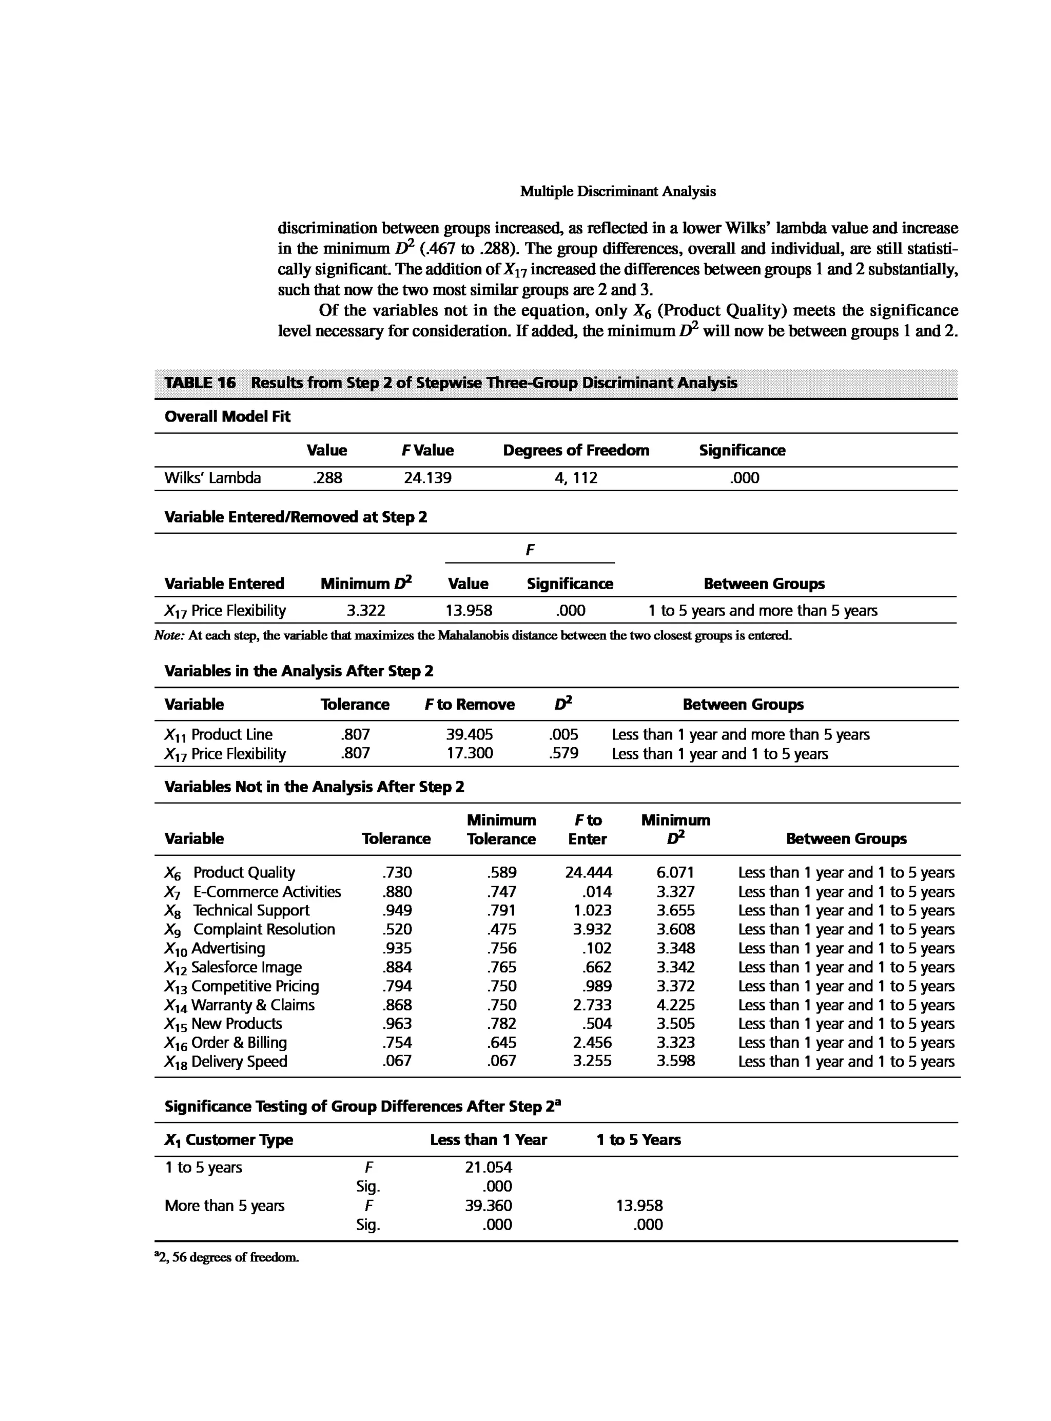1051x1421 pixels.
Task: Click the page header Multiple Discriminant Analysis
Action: pyautogui.click(x=617, y=191)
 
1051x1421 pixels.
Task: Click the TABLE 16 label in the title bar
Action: pyautogui.click(x=200, y=383)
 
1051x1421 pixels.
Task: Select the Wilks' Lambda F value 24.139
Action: pyautogui.click(x=427, y=478)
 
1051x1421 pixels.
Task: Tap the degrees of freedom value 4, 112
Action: pyautogui.click(x=576, y=478)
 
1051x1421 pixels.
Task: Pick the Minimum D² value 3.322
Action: pyautogui.click(x=365, y=611)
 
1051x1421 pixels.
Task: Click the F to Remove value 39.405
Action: pyautogui.click(x=469, y=735)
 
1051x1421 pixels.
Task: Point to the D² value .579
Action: pyautogui.click(x=563, y=754)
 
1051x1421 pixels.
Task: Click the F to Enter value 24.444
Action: pyautogui.click(x=588, y=873)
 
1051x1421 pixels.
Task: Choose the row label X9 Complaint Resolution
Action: pyautogui.click(x=249, y=930)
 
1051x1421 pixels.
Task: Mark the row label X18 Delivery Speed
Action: pyautogui.click(x=226, y=1062)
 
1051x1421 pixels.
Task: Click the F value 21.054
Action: pyautogui.click(x=488, y=1167)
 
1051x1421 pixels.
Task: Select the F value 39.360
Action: pyautogui.click(x=488, y=1206)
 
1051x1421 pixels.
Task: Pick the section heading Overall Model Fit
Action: pyautogui.click(x=227, y=417)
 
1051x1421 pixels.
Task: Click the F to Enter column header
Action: pyautogui.click(x=587, y=830)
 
